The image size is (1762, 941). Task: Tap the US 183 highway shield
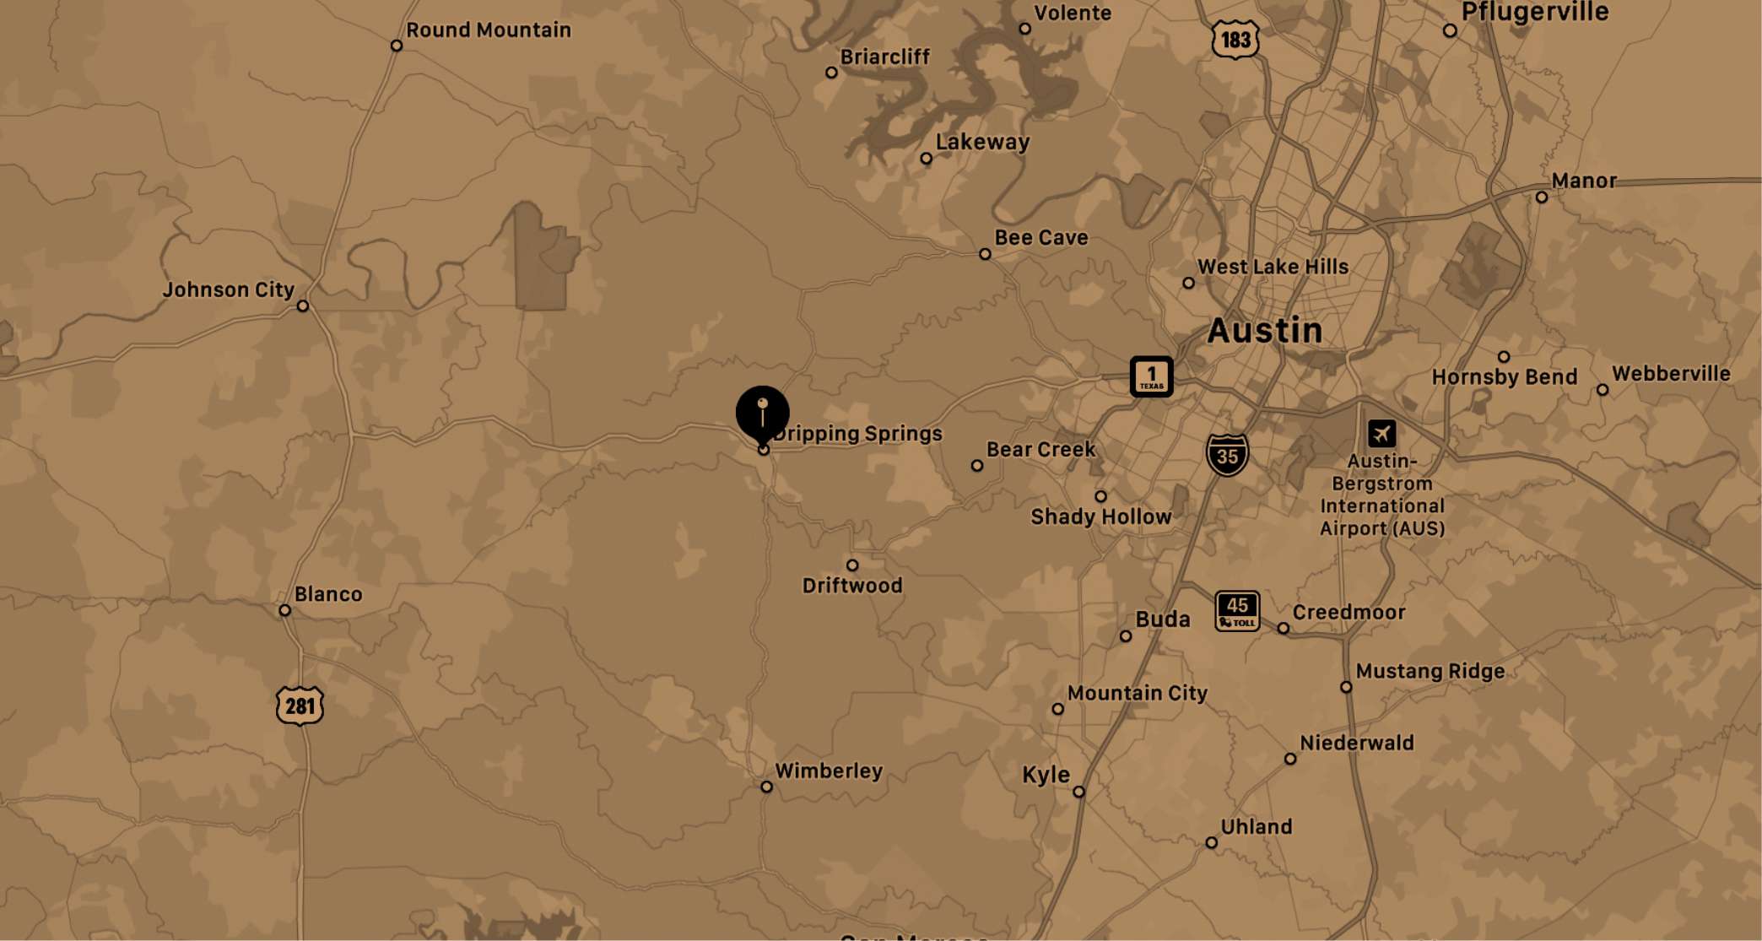tap(1235, 40)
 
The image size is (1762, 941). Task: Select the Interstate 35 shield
tap(1227, 456)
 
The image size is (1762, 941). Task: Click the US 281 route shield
tap(300, 706)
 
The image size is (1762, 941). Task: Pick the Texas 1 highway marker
tap(1151, 376)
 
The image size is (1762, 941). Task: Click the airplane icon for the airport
tap(1381, 434)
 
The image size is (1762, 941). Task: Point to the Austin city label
tap(1264, 330)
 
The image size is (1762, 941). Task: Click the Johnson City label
tap(228, 289)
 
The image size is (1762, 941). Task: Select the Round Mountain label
tap(488, 30)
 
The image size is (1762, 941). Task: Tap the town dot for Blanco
tap(285, 610)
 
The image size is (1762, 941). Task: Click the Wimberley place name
tap(828, 771)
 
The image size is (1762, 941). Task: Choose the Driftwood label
tap(852, 586)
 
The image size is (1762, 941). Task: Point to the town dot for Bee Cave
tap(985, 254)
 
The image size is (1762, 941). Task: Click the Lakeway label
tap(982, 142)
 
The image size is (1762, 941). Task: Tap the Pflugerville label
tap(1534, 12)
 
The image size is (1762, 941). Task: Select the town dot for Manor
tap(1542, 197)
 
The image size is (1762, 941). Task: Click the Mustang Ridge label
tap(1430, 671)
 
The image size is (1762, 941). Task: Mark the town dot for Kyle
tap(1078, 792)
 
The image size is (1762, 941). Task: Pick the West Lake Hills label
tap(1273, 267)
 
